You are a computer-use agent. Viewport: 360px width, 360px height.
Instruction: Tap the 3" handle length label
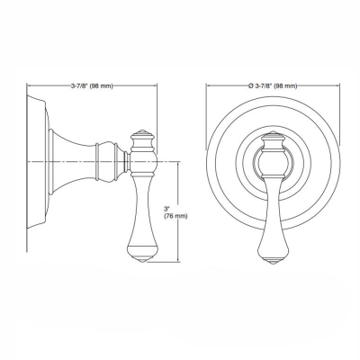(166, 209)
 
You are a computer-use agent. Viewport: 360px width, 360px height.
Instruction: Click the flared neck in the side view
(67, 160)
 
